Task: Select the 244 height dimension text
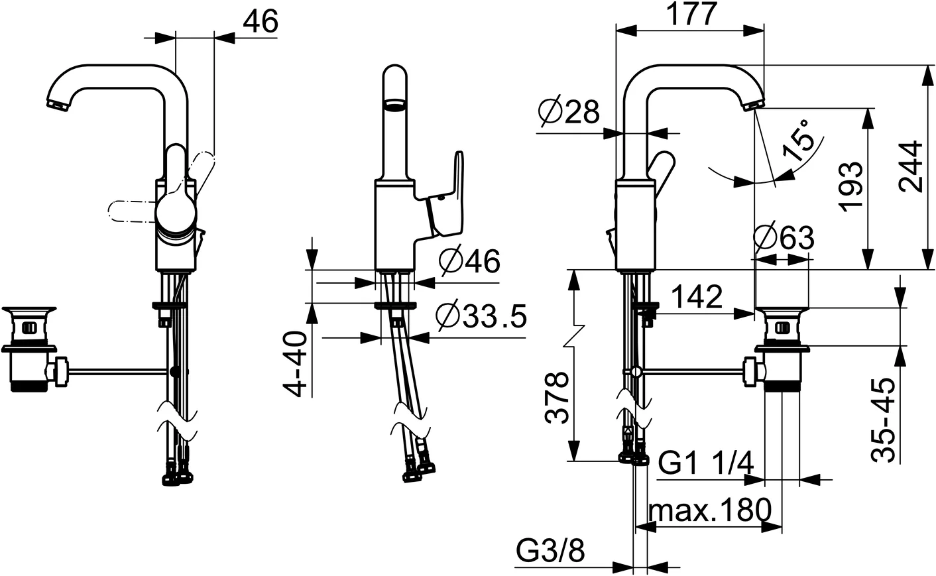(915, 166)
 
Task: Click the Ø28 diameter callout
(569, 112)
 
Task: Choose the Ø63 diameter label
(784, 237)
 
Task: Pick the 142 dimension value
(695, 298)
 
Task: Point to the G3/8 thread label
(550, 551)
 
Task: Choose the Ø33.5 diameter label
(482, 317)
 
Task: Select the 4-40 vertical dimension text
(300, 364)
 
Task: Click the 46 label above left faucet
(260, 21)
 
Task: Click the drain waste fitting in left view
(29, 348)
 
